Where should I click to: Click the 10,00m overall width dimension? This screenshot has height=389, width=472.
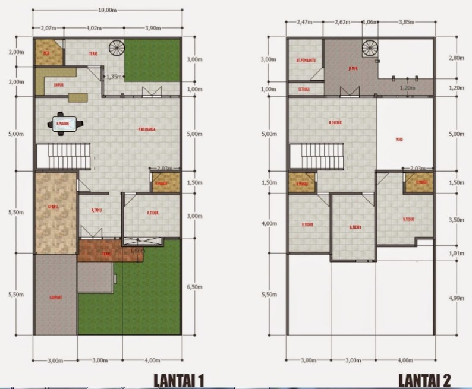click(x=108, y=10)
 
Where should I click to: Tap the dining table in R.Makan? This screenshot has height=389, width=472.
click(x=62, y=124)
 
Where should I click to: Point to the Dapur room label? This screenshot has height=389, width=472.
click(x=58, y=85)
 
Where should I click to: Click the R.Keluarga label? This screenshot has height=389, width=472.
click(x=146, y=128)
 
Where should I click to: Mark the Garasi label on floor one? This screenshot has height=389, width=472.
click(x=53, y=207)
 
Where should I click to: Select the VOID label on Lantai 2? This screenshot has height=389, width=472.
click(x=399, y=141)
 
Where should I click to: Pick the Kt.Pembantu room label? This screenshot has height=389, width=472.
click(x=304, y=60)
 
